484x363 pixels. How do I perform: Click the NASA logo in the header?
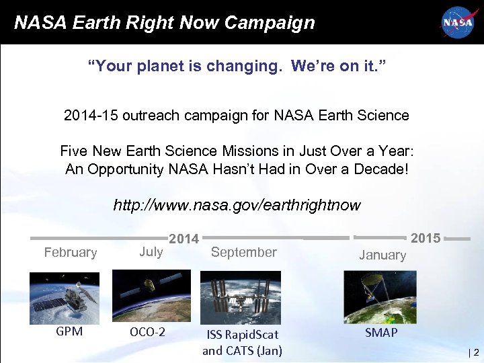457,22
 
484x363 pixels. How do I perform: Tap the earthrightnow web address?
237,204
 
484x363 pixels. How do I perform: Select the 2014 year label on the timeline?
184,239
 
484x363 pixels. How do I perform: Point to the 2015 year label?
426,238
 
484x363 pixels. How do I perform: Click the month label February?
71,253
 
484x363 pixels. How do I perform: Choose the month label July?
151,251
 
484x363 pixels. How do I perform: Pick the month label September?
243,252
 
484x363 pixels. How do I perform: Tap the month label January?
382,255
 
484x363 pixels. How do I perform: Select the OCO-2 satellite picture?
151,295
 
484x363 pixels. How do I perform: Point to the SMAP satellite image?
380,296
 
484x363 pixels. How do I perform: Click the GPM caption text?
69,331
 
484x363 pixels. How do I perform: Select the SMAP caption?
381,333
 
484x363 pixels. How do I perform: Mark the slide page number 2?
476,351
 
